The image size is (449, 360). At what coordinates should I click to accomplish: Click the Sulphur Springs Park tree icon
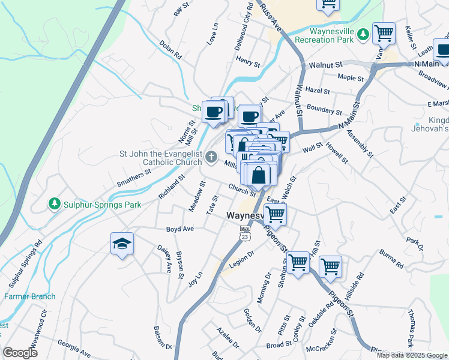click(x=55, y=205)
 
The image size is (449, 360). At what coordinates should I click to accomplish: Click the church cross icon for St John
click(x=211, y=157)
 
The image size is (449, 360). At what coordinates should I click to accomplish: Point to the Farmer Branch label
click(x=30, y=296)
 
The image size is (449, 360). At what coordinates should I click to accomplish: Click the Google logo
click(x=20, y=353)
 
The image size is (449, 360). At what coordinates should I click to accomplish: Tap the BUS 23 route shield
click(x=244, y=233)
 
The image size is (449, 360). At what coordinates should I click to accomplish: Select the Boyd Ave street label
click(x=180, y=229)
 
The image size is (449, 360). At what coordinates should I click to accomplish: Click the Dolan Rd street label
click(x=170, y=49)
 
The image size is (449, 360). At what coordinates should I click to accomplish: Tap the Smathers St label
click(x=134, y=177)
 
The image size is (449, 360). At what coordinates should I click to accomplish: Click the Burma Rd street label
click(x=391, y=259)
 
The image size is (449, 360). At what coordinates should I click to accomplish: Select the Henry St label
click(x=248, y=61)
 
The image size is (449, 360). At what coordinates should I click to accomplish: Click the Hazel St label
click(x=318, y=91)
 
